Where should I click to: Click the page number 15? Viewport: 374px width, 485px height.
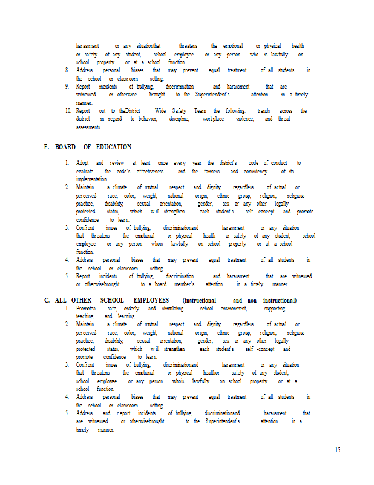(337, 450)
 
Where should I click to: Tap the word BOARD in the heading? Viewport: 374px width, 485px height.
(65, 147)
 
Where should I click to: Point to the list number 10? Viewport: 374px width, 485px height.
(68, 111)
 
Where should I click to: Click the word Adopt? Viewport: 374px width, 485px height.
(82, 163)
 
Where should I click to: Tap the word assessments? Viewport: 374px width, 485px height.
(88, 127)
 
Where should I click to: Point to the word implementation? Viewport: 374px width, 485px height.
(91, 179)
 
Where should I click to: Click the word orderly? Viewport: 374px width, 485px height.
(133, 309)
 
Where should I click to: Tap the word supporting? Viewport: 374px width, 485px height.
(275, 309)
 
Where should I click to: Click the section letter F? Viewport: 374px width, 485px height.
(46, 147)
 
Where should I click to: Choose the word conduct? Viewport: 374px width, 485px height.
(278, 163)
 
